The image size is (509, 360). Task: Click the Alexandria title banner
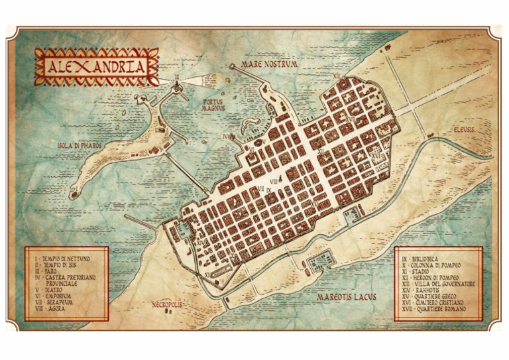(x=97, y=67)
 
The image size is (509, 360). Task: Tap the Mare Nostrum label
(x=269, y=64)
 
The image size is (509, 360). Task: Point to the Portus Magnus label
(x=214, y=105)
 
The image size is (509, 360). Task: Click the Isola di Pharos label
(x=76, y=145)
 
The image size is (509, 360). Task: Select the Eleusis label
(x=463, y=129)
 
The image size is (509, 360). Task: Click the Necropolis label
(x=166, y=305)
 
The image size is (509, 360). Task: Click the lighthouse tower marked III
(x=178, y=86)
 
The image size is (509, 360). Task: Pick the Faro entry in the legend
(x=50, y=269)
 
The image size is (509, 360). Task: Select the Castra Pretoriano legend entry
(x=64, y=278)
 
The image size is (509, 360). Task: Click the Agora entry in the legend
(x=52, y=308)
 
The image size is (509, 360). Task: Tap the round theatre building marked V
(x=258, y=141)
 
